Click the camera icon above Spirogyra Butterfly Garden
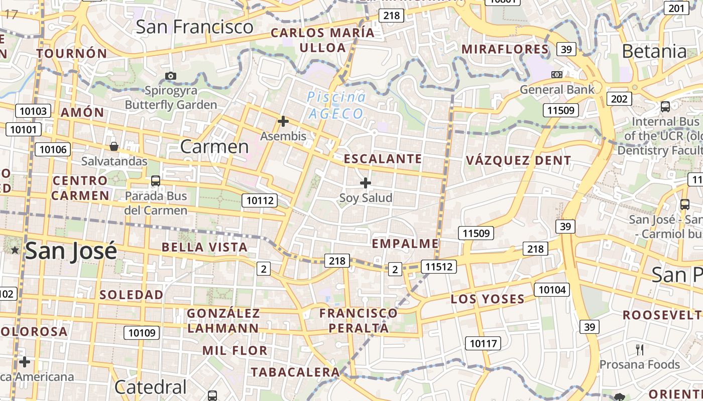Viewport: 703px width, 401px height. (x=171, y=76)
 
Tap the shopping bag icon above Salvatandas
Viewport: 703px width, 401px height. (x=114, y=146)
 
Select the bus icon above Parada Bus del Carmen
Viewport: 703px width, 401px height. (x=156, y=181)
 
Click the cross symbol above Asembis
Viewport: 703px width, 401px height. (x=283, y=121)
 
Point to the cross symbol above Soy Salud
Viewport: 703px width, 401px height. (x=366, y=183)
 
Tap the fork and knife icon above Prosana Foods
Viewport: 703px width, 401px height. (x=640, y=349)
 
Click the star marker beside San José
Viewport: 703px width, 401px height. (x=15, y=250)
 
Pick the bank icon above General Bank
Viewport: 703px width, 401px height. (x=557, y=75)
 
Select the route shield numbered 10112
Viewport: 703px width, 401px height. (x=260, y=201)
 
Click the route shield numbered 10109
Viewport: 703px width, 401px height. (x=142, y=332)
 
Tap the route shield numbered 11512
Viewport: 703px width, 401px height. (x=438, y=267)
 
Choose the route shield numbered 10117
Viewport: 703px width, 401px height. (x=483, y=343)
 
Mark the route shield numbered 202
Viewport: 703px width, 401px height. (x=619, y=99)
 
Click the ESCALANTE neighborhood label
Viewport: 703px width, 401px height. (x=383, y=159)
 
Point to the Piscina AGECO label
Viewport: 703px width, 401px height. (x=336, y=105)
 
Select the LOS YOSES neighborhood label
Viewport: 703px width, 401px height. (x=488, y=299)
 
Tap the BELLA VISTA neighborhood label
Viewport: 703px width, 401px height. (x=204, y=247)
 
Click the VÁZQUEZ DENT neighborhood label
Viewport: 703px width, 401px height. (x=518, y=160)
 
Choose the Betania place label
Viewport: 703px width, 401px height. (x=654, y=51)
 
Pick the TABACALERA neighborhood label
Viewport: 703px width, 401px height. (x=296, y=372)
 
